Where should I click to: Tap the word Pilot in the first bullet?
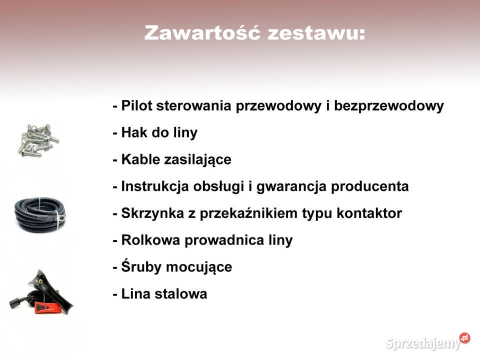(137, 106)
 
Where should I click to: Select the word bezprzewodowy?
(388, 106)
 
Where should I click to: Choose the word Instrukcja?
(154, 186)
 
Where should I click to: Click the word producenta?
(370, 186)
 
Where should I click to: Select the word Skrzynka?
(152, 213)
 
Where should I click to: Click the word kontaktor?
(369, 213)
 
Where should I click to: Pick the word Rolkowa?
(151, 240)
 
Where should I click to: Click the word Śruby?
(141, 266)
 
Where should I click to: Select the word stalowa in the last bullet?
(180, 293)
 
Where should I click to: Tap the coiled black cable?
(39, 213)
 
